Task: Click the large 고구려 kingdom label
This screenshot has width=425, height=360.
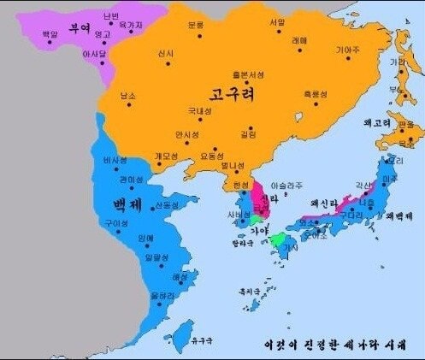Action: click(x=227, y=91)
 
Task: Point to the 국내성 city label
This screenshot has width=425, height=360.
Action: click(x=199, y=111)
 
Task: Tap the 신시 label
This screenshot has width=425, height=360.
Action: click(x=166, y=54)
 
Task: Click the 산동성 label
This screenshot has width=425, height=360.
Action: click(x=166, y=206)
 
